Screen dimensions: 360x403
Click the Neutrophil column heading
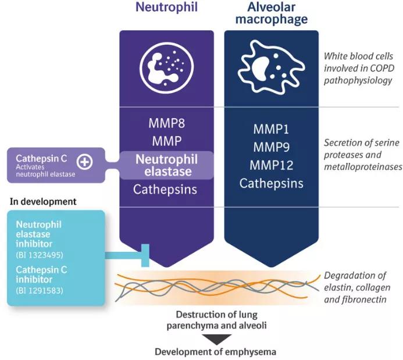coord(167,8)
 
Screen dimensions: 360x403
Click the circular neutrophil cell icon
coord(167,67)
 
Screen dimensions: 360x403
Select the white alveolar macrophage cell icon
coord(271,67)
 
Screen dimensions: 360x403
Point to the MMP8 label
coord(167,124)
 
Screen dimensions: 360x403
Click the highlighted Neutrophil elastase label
coord(167,165)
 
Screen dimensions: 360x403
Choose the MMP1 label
coord(271,129)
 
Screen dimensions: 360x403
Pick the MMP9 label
coord(271,147)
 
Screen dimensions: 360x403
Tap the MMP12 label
coord(271,165)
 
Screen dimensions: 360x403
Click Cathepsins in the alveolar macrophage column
coord(271,184)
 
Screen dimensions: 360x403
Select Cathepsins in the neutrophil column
coord(167,189)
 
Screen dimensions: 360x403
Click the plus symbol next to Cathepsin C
coord(85,162)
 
